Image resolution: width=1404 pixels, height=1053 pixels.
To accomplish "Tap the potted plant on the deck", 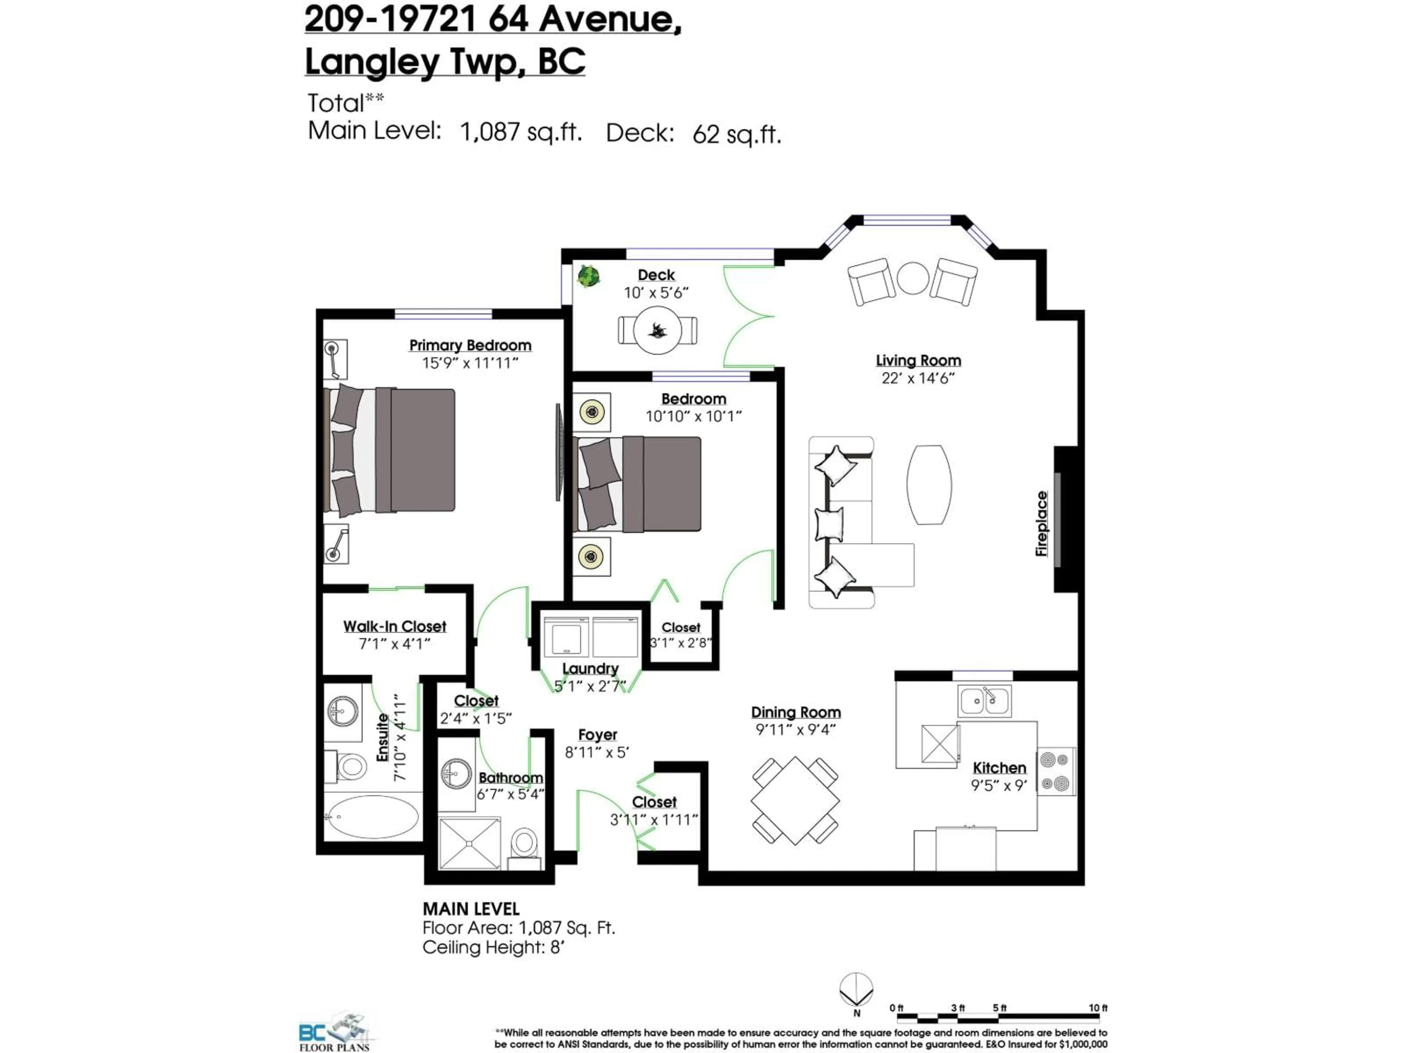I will (588, 276).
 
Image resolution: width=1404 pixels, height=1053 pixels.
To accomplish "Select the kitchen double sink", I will (984, 701).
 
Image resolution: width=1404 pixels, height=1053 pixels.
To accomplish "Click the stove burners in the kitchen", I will (1057, 771).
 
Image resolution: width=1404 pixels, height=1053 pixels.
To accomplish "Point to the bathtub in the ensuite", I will (372, 816).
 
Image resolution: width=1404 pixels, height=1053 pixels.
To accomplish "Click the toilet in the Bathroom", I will (524, 844).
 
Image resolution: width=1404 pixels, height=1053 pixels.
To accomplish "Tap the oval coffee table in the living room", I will (929, 484).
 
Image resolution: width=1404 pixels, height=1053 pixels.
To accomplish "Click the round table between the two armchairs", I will (913, 278).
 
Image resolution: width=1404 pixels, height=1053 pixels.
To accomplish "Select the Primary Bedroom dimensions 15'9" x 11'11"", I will (470, 363).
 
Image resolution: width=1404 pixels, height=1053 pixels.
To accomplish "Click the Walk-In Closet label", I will (395, 626).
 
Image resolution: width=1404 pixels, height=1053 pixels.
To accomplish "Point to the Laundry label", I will (590, 668).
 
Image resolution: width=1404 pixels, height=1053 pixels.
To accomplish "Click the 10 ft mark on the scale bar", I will (1098, 1008).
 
